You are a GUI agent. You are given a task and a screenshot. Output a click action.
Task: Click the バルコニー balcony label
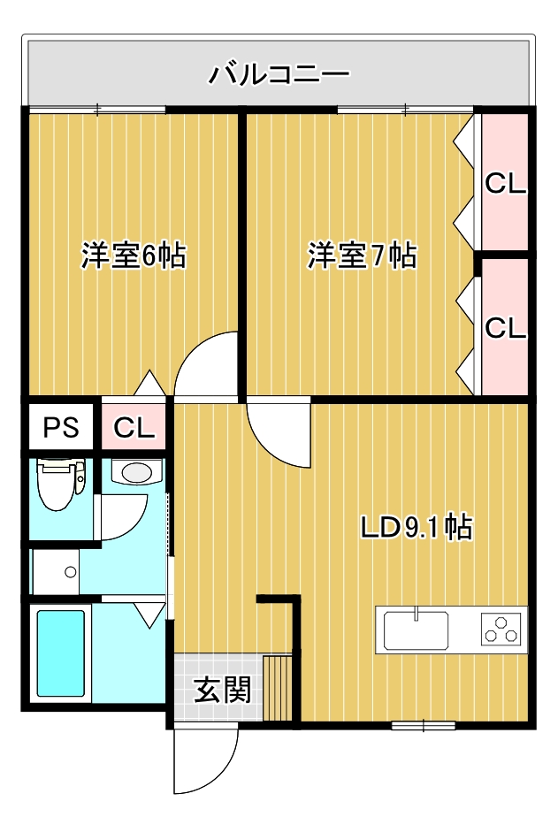tap(279, 73)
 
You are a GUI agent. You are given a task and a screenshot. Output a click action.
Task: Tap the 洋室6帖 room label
tap(133, 256)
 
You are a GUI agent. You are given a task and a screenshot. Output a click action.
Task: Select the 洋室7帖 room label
tap(362, 256)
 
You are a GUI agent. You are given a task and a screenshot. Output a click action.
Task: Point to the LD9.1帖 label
tap(416, 527)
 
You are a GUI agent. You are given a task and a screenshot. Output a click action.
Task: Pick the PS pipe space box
tap(62, 429)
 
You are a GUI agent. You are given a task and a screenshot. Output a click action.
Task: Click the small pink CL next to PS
tap(134, 429)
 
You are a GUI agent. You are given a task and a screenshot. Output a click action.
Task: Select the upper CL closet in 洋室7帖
tap(506, 184)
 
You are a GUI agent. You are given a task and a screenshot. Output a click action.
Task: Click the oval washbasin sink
tap(137, 473)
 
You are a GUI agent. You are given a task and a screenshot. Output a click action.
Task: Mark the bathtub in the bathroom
tap(61, 653)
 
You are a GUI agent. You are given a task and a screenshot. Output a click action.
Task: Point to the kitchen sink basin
tap(416, 630)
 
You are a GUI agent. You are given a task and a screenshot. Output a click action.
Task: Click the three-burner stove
tap(502, 630)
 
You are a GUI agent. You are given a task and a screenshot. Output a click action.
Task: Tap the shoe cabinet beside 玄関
tap(278, 689)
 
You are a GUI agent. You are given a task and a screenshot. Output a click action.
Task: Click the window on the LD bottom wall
tap(424, 726)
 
